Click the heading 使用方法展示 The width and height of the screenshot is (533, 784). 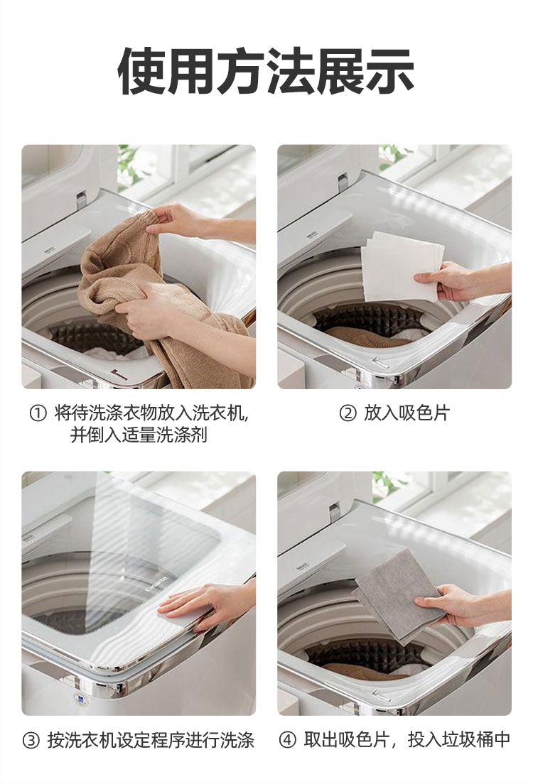point(266,71)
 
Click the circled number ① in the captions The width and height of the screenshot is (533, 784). point(38,414)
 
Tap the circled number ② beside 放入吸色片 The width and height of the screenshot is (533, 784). point(348,414)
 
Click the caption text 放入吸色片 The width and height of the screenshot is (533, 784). point(407,413)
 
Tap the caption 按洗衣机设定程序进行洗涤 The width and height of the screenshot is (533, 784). point(151,740)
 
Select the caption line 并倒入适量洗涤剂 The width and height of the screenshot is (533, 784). point(139,435)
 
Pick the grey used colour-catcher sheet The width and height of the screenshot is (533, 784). point(395,595)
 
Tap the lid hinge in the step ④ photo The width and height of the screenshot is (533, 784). point(335,513)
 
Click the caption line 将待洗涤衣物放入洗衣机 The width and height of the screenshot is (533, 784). point(150,413)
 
